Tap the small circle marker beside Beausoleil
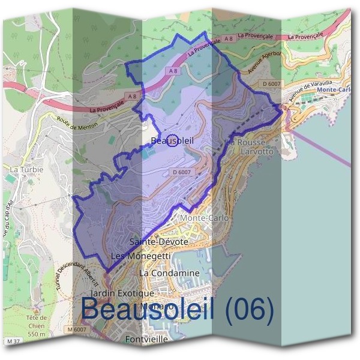coord(172,140)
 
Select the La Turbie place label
coord(26,170)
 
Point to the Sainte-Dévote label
coord(159,241)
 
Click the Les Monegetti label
coord(141,256)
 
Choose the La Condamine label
coord(169,273)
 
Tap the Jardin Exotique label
coord(122,293)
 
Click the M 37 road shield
coord(15,341)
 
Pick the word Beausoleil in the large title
coord(150,310)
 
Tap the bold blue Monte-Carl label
coord(334,90)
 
